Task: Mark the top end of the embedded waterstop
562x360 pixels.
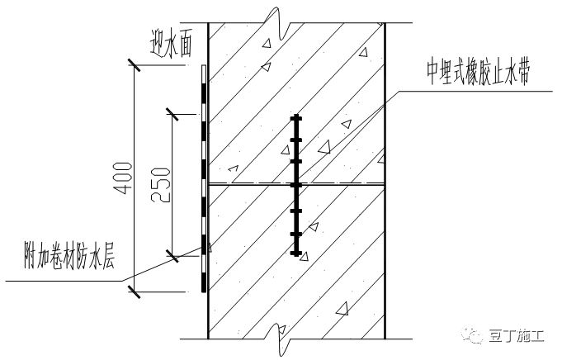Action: (295, 116)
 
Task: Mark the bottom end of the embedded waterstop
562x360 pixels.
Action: (295, 253)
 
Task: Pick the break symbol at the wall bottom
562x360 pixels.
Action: (281, 334)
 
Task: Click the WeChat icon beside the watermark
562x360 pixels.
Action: (476, 337)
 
